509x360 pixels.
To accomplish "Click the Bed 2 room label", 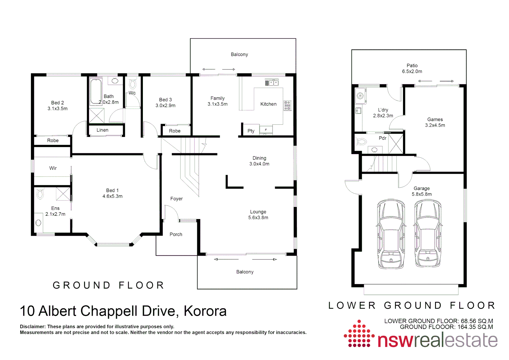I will (x=58, y=103).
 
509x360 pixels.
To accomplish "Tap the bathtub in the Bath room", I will (x=96, y=91).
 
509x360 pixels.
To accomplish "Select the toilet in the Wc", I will (x=133, y=84).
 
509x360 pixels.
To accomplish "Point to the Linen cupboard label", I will (x=103, y=130).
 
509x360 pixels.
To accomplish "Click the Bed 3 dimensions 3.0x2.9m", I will (x=166, y=106).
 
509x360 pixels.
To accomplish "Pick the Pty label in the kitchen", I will (x=251, y=131).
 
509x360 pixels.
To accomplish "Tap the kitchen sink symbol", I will (x=271, y=82).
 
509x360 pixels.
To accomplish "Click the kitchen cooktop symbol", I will (x=287, y=105).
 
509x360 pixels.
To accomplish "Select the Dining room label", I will (x=259, y=158).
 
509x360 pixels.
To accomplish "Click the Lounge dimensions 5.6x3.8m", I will (x=258, y=218).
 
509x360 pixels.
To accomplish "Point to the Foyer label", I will (x=177, y=199).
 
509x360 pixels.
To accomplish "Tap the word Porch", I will (x=176, y=234).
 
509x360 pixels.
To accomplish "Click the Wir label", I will (x=53, y=168).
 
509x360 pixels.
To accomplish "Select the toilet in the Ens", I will (x=40, y=194).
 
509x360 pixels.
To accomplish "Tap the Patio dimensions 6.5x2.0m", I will (x=412, y=71).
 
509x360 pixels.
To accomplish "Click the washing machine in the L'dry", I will (x=360, y=96).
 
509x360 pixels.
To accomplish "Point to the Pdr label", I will (x=383, y=138).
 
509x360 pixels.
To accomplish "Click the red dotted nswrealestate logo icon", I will (x=359, y=334).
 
